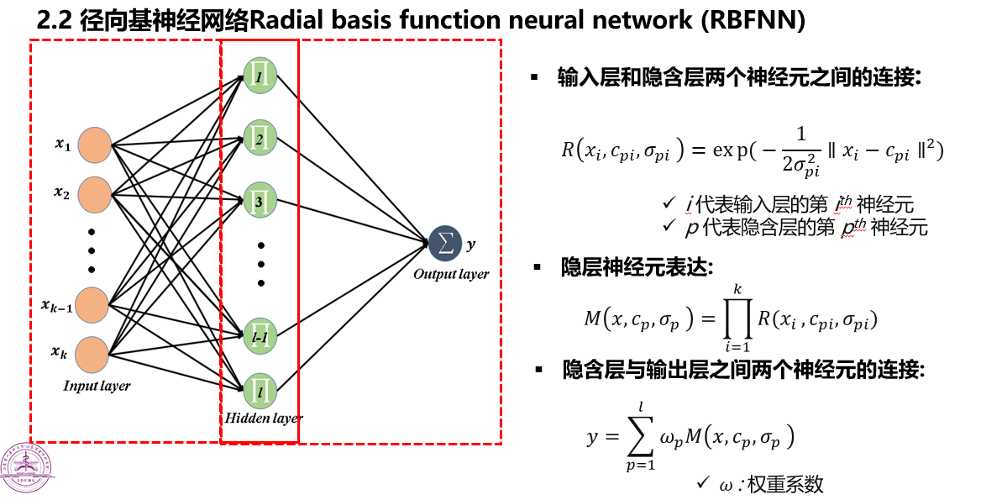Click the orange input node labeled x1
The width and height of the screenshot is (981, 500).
(x=93, y=145)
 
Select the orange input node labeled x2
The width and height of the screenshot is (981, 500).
(x=93, y=195)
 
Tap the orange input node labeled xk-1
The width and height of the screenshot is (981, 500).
(x=92, y=303)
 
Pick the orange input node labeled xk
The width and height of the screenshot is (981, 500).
(x=92, y=354)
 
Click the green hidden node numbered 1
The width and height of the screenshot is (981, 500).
(x=259, y=75)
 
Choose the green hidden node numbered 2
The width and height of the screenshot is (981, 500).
(x=259, y=137)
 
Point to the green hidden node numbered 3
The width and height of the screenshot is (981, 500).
(x=259, y=200)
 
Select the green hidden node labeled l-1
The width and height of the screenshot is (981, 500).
(x=259, y=335)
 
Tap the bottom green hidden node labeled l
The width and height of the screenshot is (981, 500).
(x=259, y=389)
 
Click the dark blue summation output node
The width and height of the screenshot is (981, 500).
(x=444, y=244)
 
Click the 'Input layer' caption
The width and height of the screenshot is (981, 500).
(x=97, y=386)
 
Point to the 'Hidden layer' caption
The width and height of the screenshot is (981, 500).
(x=264, y=418)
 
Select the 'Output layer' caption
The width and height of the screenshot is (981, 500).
(x=450, y=274)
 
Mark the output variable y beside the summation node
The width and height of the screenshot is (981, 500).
(x=470, y=245)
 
